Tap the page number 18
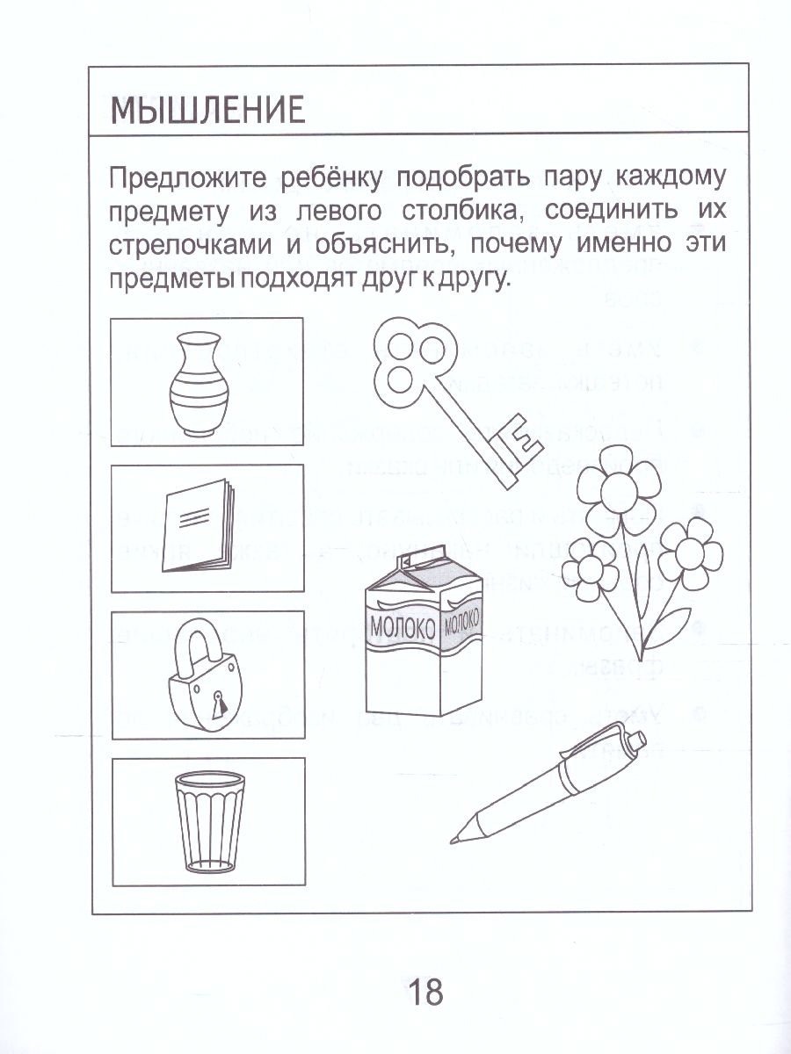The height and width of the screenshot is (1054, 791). [x=425, y=993]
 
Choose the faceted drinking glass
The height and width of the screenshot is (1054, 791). [x=207, y=822]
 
